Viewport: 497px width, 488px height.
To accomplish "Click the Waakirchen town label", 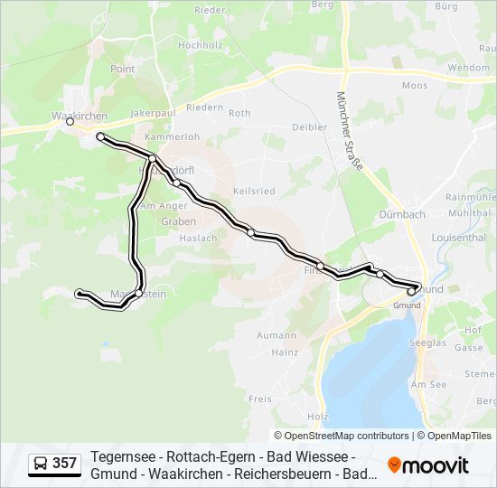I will click(80, 116).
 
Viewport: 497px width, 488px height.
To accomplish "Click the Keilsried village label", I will click(253, 192).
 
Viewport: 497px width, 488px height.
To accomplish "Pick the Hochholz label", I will click(201, 45).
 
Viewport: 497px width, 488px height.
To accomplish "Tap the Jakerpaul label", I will click(151, 114).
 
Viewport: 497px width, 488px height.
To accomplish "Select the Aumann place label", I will click(277, 334).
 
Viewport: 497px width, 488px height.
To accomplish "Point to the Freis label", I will click(260, 399).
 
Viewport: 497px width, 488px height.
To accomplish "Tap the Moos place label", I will click(414, 86).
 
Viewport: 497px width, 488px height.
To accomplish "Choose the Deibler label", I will click(310, 127).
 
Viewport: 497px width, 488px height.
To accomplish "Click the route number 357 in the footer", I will click(64, 464).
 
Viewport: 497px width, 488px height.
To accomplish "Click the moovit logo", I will click(428, 465).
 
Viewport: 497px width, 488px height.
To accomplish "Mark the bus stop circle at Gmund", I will click(411, 291).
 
